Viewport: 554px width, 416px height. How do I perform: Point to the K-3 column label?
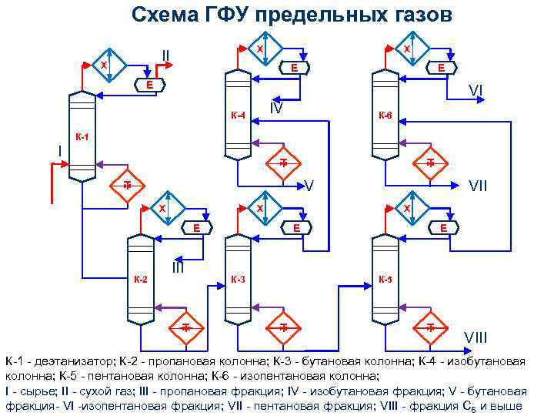(x=239, y=278)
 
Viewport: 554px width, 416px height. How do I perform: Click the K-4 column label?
(x=238, y=116)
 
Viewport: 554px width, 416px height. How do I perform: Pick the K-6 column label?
(x=384, y=116)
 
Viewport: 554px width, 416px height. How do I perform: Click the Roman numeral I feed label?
(x=60, y=149)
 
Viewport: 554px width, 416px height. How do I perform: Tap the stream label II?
(x=165, y=55)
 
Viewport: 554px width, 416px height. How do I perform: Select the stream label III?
(x=178, y=267)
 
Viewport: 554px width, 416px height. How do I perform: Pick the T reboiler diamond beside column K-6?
(x=430, y=163)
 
